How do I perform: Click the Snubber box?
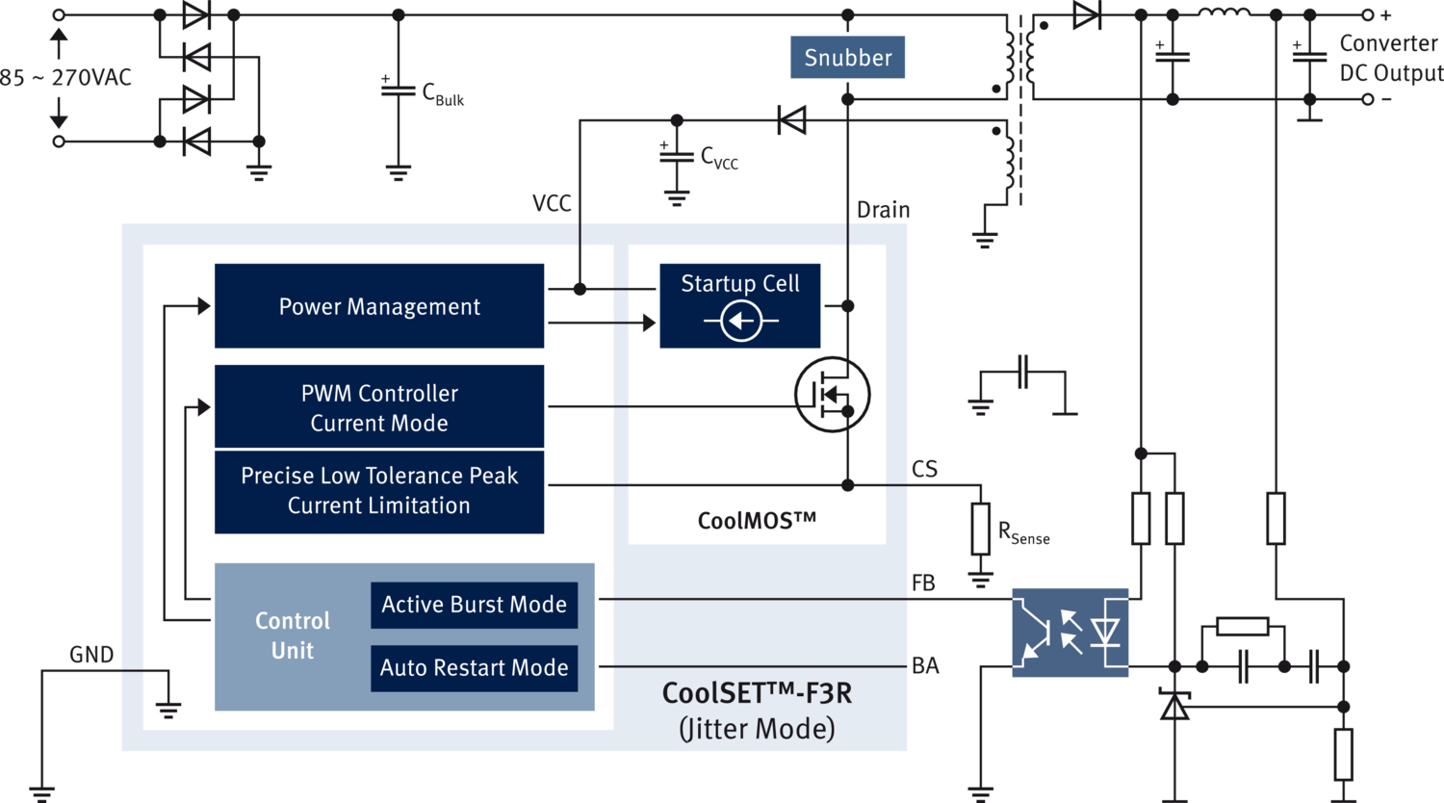point(847,58)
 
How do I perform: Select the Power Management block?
point(379,306)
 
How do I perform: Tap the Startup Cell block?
point(739,305)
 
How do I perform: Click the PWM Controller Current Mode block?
point(379,407)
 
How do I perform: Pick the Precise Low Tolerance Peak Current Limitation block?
point(379,491)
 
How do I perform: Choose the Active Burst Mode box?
point(474,605)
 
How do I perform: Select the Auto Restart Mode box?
point(474,667)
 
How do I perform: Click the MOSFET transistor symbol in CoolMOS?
point(833,394)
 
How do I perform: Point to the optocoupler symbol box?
point(1070,632)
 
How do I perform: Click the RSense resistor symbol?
point(981,529)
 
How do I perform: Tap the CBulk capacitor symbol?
point(399,91)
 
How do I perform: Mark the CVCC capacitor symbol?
point(677,155)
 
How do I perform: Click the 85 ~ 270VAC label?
point(65,78)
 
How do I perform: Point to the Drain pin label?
point(883,210)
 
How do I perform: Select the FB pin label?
point(923,583)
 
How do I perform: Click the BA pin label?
point(925,665)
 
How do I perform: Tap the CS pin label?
point(924,470)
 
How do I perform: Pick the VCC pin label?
point(552,203)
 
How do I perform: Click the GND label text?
point(91,656)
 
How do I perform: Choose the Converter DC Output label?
point(1389,58)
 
